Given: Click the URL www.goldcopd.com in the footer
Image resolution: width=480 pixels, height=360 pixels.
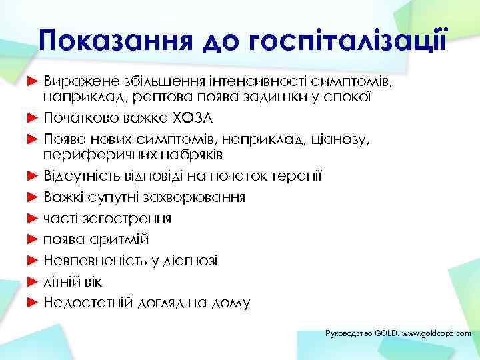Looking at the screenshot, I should (436, 332).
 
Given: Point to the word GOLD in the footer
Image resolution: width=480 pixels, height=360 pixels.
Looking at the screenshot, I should (385, 332).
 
